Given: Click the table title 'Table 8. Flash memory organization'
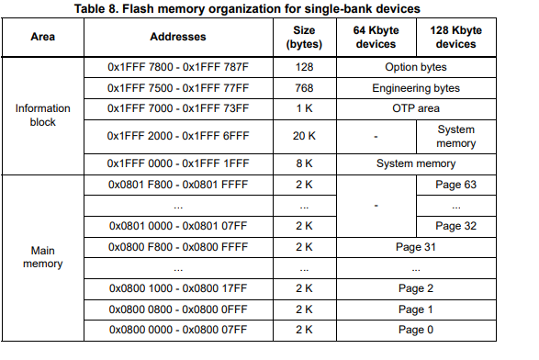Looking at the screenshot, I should tap(270, 8).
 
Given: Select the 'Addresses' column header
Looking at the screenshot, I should tap(177, 38).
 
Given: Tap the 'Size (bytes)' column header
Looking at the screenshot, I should tap(303, 38).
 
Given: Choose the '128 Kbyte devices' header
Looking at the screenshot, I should tap(455, 38).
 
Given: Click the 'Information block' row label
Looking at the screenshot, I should tap(42, 115).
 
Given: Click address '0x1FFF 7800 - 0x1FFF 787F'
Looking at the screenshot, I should tap(178, 68).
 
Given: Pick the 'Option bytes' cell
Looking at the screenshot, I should tap(415, 68).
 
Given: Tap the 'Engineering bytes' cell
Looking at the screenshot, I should tap(415, 88).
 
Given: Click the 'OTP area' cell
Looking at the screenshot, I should tap(415, 108).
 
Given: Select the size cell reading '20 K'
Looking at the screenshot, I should tap(303, 136).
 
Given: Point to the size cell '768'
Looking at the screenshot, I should tap(303, 88).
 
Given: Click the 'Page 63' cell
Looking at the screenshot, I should tap(455, 185).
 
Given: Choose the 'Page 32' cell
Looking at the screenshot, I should tap(455, 225).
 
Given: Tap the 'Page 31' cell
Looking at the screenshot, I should tap(415, 246).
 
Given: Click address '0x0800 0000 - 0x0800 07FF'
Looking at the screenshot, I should tap(178, 329).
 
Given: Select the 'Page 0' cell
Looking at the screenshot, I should tap(415, 329).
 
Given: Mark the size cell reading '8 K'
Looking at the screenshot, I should tap(303, 163).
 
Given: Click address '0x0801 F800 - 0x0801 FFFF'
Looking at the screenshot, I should tap(178, 185).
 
